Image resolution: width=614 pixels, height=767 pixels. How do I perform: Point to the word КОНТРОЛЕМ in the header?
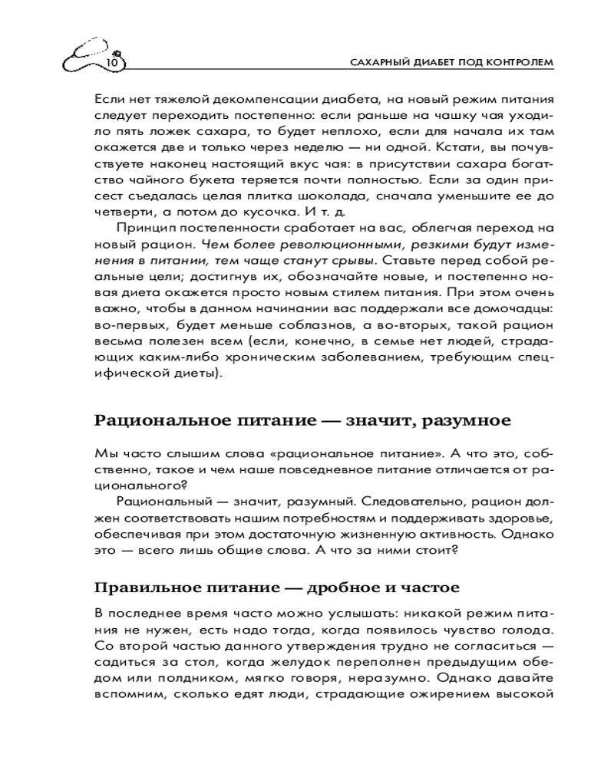pos(520,62)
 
